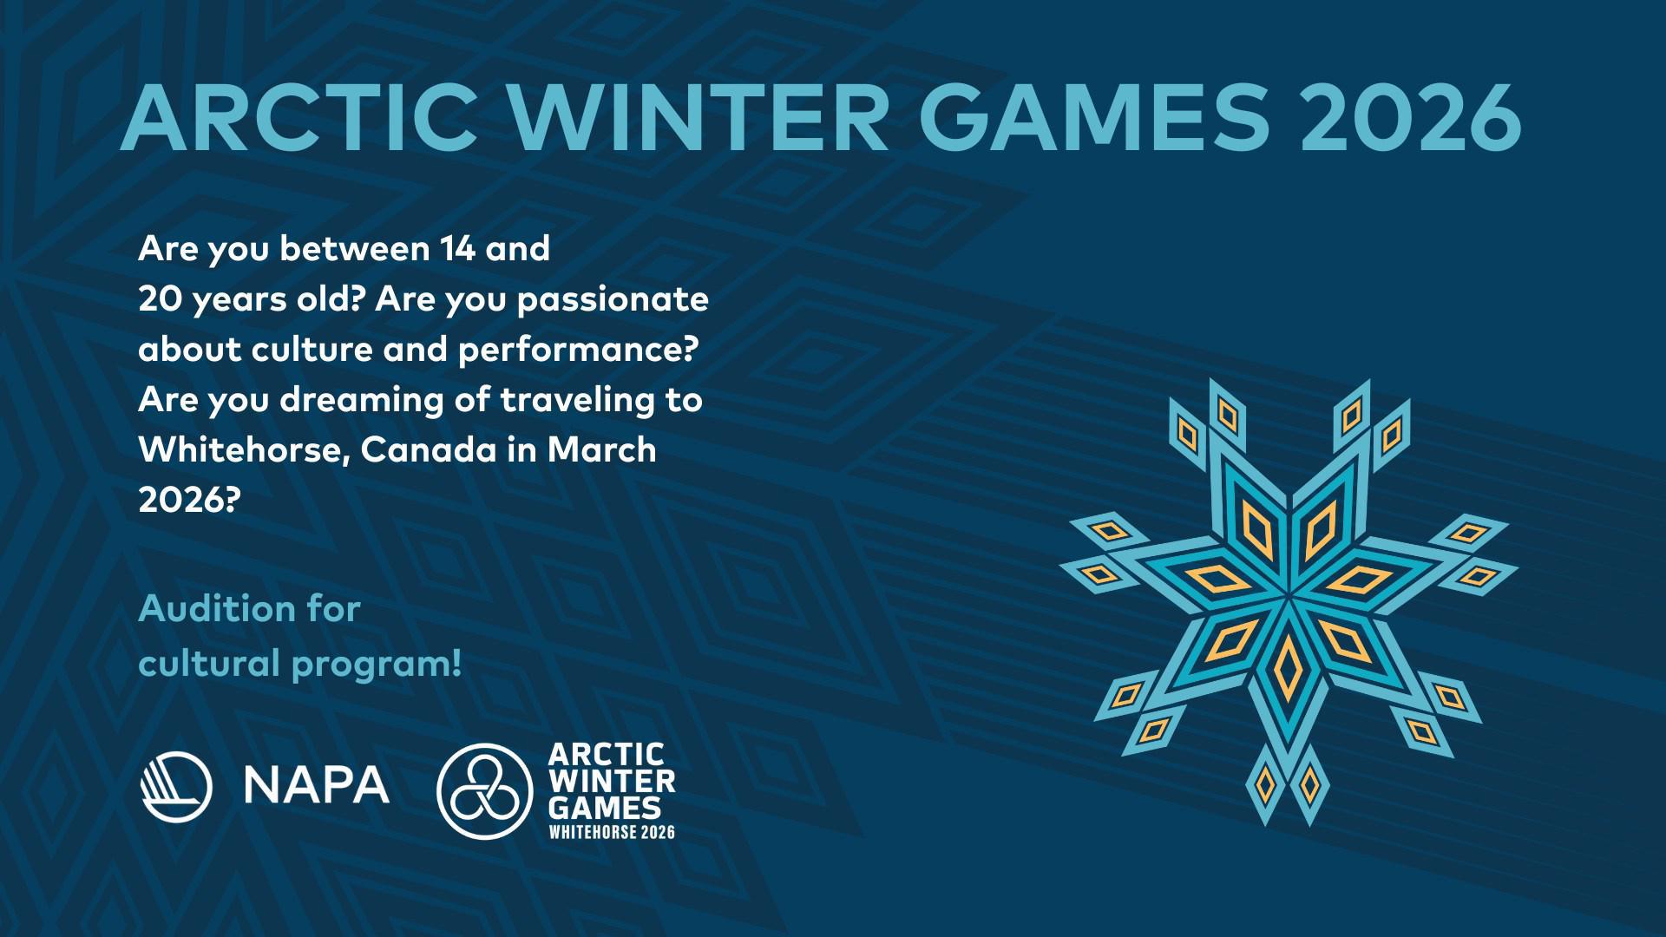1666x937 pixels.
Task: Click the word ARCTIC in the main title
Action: click(x=299, y=117)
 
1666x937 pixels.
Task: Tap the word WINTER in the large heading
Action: click(x=699, y=117)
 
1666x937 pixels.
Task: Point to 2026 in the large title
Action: click(x=1410, y=117)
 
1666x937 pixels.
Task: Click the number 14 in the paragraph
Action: click(x=457, y=249)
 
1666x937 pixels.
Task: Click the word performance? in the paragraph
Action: click(x=578, y=351)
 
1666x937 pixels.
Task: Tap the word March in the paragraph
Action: click(x=602, y=450)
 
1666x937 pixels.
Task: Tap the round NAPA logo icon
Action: click(x=176, y=785)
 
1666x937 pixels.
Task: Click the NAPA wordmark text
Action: click(x=317, y=784)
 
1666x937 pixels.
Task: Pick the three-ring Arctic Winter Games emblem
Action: click(x=484, y=790)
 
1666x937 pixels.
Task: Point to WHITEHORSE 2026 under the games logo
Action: click(x=612, y=832)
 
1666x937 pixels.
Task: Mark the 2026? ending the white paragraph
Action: click(x=187, y=500)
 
